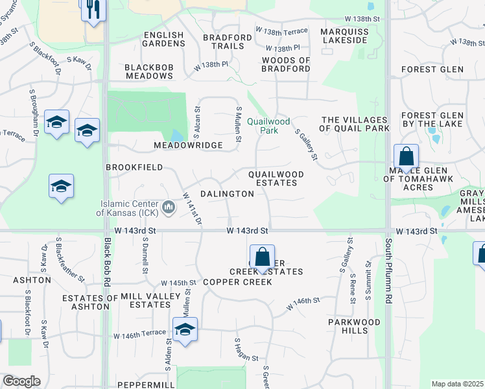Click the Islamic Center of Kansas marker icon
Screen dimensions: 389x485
point(169,207)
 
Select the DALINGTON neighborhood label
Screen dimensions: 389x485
point(227,194)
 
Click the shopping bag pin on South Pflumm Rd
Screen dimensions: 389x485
point(406,157)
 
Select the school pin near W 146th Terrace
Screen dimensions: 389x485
point(185,329)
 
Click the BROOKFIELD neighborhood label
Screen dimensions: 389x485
point(134,167)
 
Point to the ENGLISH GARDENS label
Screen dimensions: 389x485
point(164,39)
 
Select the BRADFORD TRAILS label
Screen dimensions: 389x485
point(227,42)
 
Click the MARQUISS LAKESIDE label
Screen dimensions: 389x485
point(345,36)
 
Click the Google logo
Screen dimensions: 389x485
point(21,381)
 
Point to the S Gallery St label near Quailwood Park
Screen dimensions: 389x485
point(306,144)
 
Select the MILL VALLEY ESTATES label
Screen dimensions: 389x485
point(146,300)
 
